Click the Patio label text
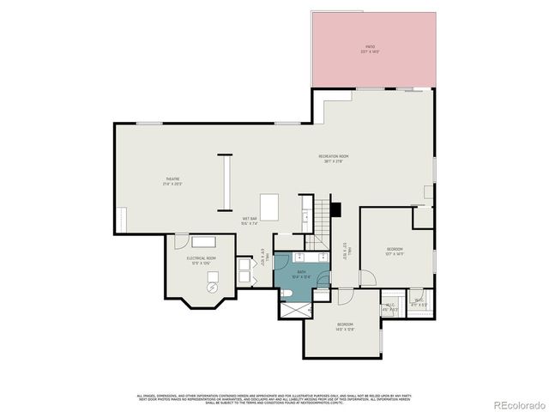coord(370,49)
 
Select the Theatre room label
coord(174,181)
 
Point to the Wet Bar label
coord(250,221)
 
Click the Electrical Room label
coord(201,260)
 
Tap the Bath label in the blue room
coord(301,274)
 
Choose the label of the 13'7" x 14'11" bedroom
coord(395,251)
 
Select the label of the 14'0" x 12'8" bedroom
coord(345,326)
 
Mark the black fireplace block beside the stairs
coord(335,209)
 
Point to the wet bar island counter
coord(269,207)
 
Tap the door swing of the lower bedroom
coord(345,296)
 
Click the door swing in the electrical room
coord(244,272)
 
